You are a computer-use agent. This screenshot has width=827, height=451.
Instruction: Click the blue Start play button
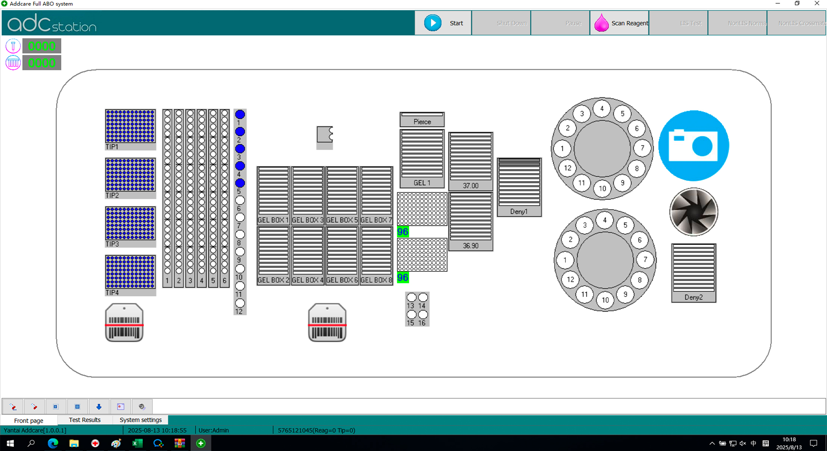(433, 23)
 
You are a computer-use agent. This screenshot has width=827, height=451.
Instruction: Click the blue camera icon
(694, 146)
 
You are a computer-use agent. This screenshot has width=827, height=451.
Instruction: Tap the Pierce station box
(422, 120)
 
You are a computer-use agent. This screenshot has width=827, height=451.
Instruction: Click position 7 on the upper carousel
(642, 148)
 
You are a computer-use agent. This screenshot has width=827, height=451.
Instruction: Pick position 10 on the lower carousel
(605, 300)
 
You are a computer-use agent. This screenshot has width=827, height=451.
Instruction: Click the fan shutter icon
(694, 212)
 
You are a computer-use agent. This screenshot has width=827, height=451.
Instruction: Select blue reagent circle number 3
(240, 149)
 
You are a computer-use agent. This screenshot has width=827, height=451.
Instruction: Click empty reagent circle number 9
(240, 252)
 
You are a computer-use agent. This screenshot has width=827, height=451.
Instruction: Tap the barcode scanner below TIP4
(124, 323)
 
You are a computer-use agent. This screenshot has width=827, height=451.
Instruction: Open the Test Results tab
(85, 420)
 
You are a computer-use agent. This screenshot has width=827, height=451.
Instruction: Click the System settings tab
(141, 420)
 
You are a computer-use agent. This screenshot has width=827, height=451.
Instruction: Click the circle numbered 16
(423, 314)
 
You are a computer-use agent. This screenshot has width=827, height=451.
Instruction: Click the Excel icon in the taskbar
(137, 443)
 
